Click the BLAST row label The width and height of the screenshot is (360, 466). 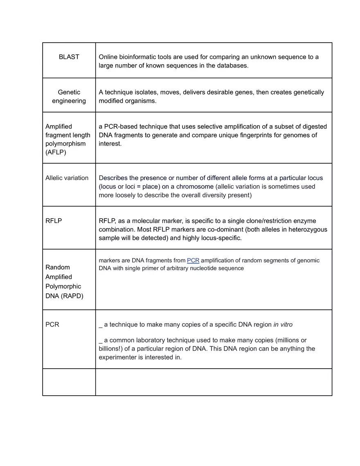pos(69,57)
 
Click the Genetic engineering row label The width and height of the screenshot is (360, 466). pos(69,97)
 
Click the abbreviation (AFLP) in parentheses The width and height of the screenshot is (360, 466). pos(56,152)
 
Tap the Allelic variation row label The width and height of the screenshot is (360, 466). pos(67,178)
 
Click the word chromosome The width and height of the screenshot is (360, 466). pos(195,187)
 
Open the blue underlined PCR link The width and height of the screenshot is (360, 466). pos(193,261)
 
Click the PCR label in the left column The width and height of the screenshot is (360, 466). pos(52,324)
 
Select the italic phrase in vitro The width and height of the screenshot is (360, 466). pos(283,324)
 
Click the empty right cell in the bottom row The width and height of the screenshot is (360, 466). pos(214,382)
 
